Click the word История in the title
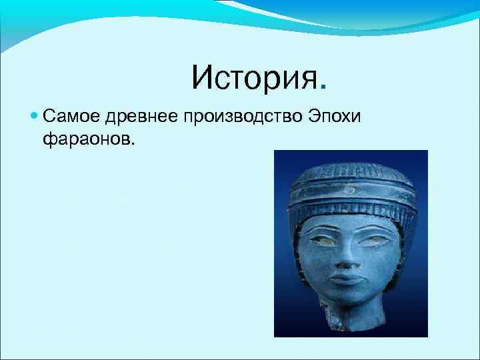click(253, 77)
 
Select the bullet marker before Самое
click(35, 117)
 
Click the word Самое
click(70, 117)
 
